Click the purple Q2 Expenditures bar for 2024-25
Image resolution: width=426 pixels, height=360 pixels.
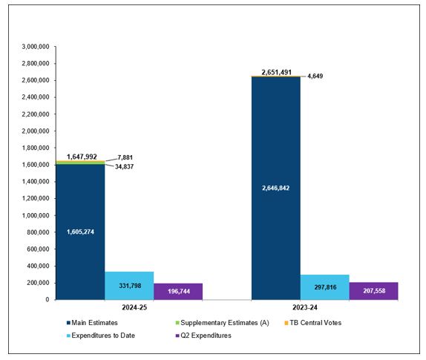(x=177, y=292)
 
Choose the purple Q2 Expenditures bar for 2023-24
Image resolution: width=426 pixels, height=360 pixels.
(x=373, y=291)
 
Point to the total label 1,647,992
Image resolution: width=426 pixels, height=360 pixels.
(x=82, y=157)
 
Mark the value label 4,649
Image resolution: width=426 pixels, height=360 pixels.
(x=315, y=76)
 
